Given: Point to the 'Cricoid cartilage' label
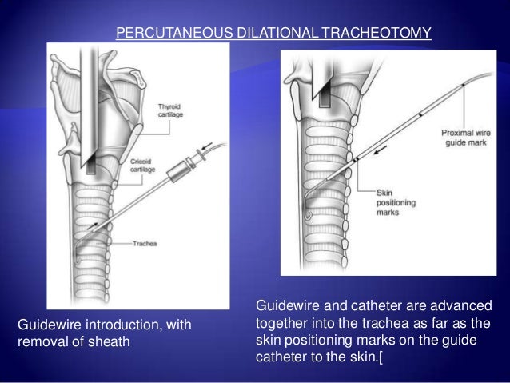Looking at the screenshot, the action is click(145, 165).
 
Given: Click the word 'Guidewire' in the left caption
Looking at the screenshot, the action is click(47, 324).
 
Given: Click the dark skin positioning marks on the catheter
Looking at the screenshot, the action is click(357, 162).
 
